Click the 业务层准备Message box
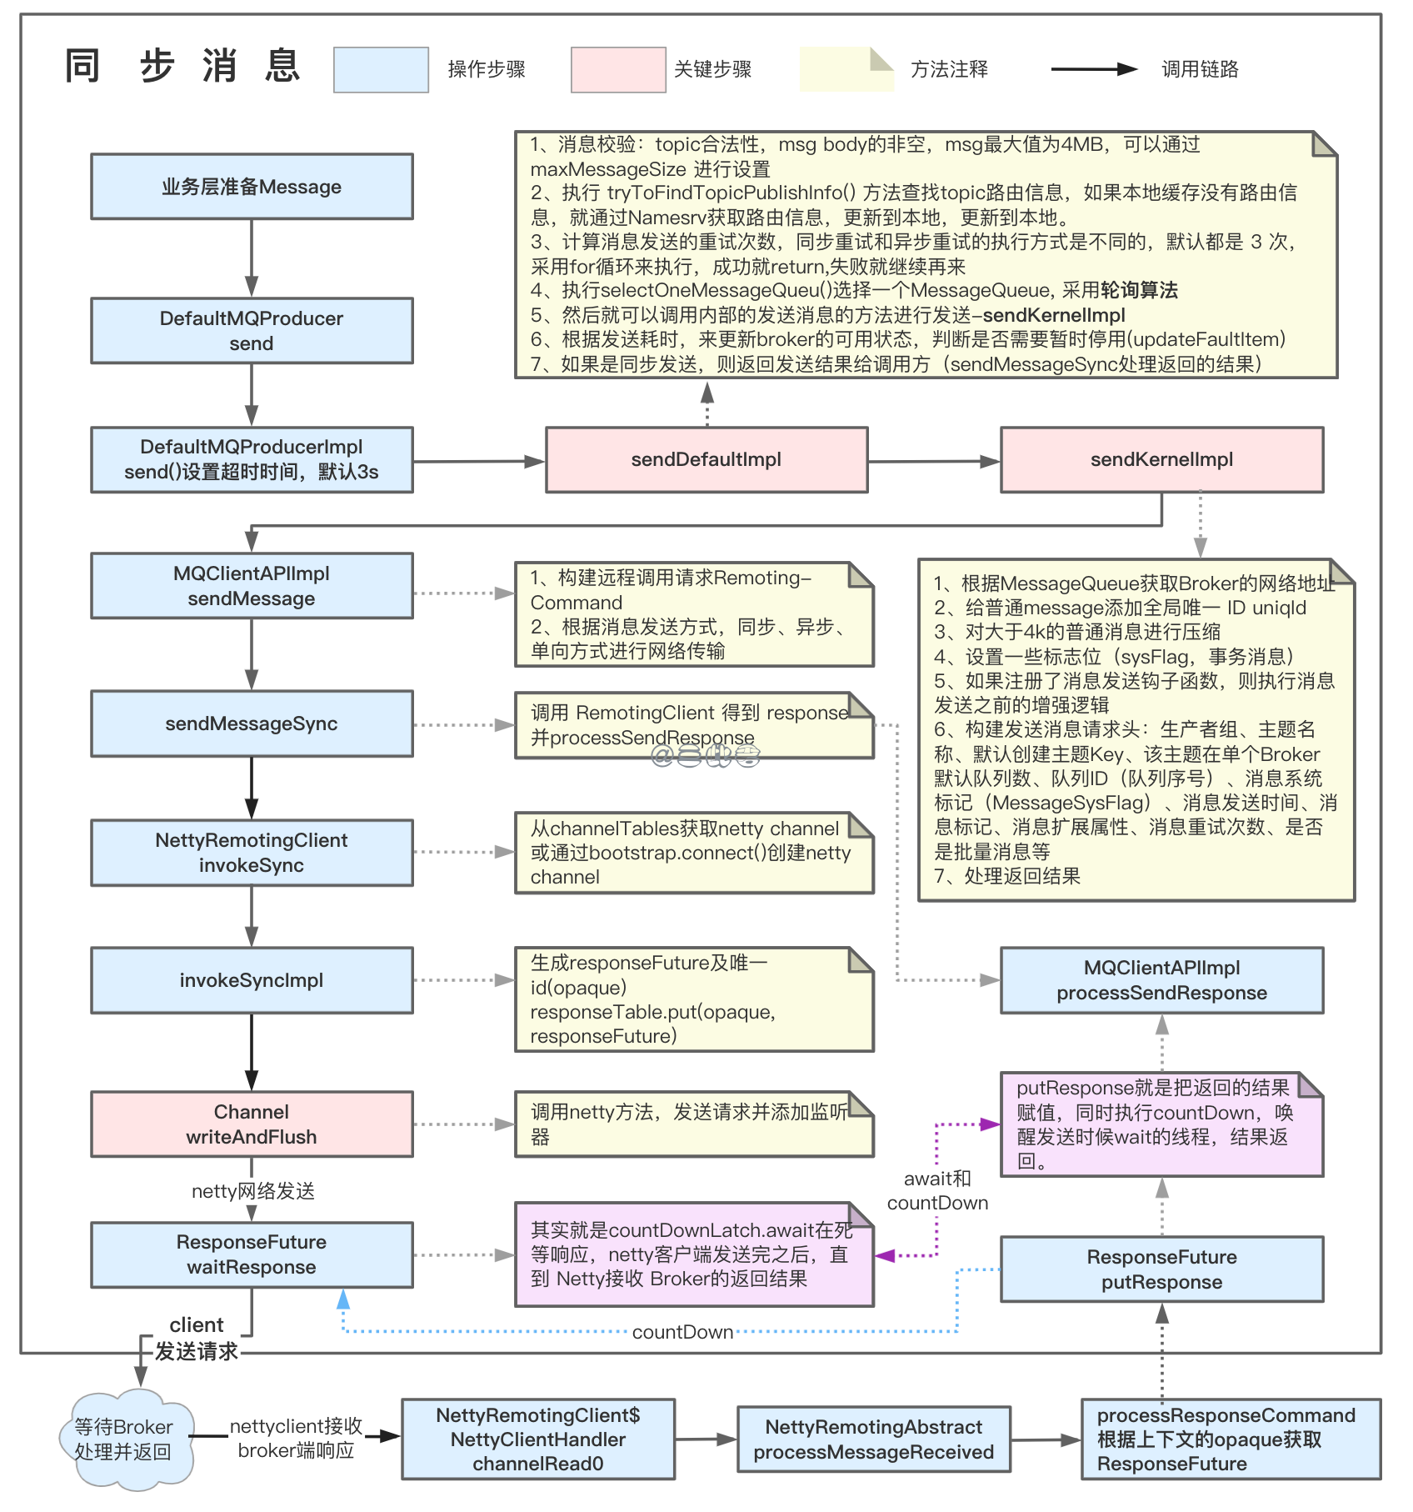click(252, 187)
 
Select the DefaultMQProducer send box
click(252, 331)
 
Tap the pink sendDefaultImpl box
click(706, 460)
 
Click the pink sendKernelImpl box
click(1161, 460)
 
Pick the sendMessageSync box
click(252, 723)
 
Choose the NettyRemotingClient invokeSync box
click(252, 853)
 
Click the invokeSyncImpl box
click(252, 980)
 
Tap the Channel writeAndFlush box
click(252, 1124)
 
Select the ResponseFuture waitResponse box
click(252, 1254)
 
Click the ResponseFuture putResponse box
click(1161, 1269)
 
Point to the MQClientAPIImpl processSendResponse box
click(1161, 980)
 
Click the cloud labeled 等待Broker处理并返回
click(125, 1439)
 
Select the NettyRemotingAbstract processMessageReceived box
click(873, 1439)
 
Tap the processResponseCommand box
click(1230, 1439)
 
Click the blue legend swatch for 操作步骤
click(381, 70)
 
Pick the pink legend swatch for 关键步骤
click(618, 70)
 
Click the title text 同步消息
click(183, 67)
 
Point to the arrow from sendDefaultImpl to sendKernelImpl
click(933, 461)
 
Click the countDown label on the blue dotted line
click(682, 1332)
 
